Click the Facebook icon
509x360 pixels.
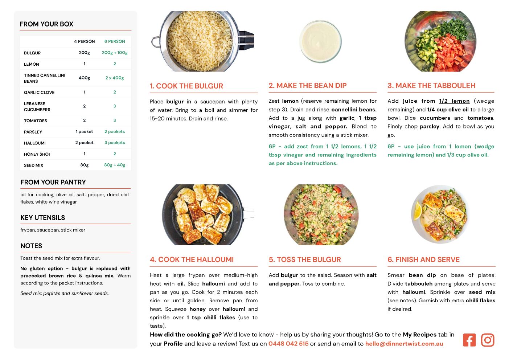pos(469,340)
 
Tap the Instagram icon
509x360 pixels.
pos(488,340)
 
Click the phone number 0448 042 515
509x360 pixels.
pos(288,344)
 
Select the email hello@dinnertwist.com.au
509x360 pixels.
pos(404,344)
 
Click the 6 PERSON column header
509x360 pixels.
pos(115,41)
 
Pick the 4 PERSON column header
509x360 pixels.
pos(84,41)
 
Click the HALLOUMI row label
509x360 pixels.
pos(35,143)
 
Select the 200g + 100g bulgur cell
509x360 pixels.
pos(115,53)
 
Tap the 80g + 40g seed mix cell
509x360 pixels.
pos(115,165)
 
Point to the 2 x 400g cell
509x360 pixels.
pos(115,78)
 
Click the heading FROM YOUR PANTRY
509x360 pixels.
pos(53,182)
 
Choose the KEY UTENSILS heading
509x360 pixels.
pos(42,218)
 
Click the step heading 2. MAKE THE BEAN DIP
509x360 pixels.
pos(307,85)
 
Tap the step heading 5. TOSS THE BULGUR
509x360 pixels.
pos(305,259)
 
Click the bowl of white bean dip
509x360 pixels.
pos(320,41)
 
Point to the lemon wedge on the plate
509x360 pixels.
pos(418,211)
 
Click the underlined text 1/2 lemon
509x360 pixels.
pos(454,101)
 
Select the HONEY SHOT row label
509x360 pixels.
pos(37,154)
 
